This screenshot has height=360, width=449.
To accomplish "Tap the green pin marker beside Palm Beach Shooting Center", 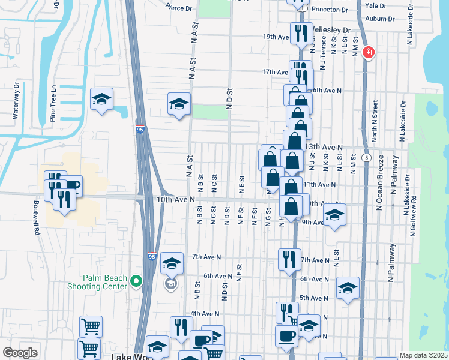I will click(x=137, y=280).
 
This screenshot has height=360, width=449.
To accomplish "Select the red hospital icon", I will click(x=368, y=53).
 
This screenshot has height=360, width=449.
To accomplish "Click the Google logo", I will click(x=20, y=353).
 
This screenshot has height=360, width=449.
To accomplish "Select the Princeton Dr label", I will click(x=328, y=10).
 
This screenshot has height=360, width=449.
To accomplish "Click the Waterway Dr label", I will click(x=8, y=109).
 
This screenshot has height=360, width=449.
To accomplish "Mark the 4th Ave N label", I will click(x=202, y=313).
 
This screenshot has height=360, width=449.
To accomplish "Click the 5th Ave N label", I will click(x=313, y=298).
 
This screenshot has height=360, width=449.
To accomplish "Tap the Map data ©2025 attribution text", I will click(x=423, y=355).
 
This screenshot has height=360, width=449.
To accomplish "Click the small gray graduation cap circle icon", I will click(x=172, y=284).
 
